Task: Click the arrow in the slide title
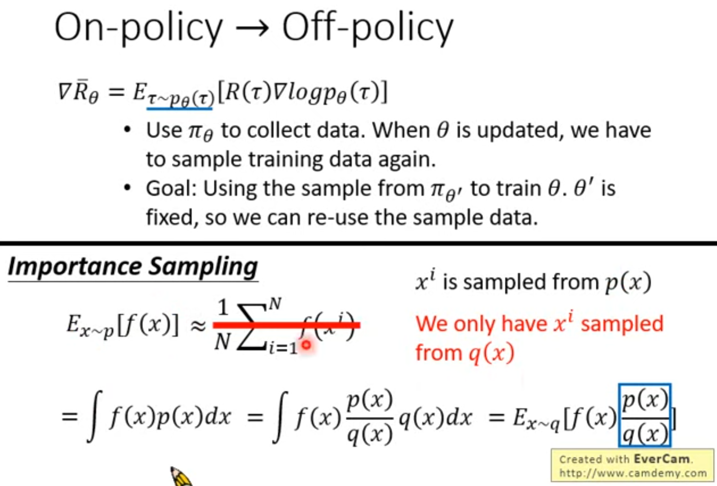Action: (x=252, y=28)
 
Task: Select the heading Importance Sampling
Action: (x=133, y=267)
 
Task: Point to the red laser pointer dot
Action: (x=306, y=345)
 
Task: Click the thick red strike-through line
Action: (x=286, y=325)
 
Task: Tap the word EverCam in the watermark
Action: (x=662, y=459)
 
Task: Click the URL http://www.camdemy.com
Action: (x=633, y=473)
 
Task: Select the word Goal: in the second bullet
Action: (x=171, y=189)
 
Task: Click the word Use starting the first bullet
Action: (x=164, y=130)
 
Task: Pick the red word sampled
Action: (x=622, y=324)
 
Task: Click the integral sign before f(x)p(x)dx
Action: (x=95, y=416)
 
